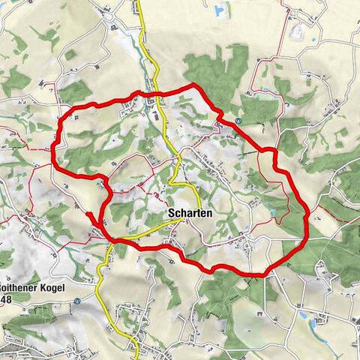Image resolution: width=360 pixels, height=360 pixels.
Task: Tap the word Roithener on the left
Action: pyautogui.click(x=22, y=287)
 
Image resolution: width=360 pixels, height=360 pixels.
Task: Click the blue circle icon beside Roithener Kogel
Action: pyautogui.click(x=77, y=301)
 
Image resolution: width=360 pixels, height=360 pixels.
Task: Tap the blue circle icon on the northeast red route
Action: pyautogui.click(x=238, y=121)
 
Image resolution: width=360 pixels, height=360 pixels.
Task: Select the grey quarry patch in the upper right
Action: pyautogui.click(x=296, y=33)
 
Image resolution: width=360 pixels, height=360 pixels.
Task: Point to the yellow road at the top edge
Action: pyautogui.click(x=139, y=4)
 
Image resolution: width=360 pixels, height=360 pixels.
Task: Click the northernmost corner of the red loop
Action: pyautogui.click(x=193, y=85)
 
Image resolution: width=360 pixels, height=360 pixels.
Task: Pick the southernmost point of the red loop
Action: pyautogui.click(x=259, y=274)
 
